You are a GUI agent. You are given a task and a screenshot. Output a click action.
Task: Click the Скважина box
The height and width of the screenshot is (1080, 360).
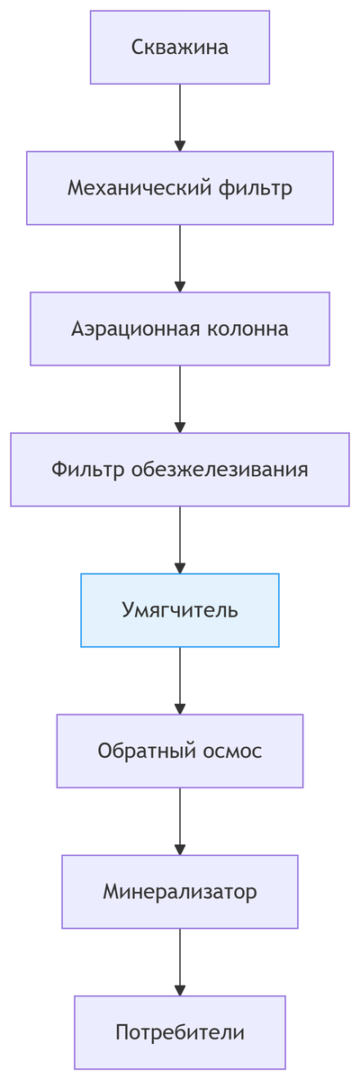[180, 48]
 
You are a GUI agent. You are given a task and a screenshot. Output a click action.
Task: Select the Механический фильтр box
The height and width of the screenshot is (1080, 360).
[180, 188]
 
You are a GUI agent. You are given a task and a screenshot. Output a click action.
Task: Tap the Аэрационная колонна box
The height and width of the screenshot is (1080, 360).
[180, 328]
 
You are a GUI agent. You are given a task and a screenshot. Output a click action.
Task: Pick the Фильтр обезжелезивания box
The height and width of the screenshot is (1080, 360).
[180, 470]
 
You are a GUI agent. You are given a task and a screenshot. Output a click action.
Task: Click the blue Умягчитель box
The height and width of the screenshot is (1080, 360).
[180, 610]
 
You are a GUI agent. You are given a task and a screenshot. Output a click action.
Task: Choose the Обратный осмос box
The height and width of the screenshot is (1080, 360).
[180, 751]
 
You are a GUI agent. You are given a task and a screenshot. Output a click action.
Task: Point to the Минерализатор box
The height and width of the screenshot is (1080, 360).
[180, 892]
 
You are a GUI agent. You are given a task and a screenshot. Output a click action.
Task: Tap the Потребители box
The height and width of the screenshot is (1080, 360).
[180, 1032]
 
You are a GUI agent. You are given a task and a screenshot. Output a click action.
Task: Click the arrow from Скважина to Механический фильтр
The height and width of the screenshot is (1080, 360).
[180, 117]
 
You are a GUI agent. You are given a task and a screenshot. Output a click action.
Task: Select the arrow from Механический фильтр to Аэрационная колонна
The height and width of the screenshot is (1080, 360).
[180, 258]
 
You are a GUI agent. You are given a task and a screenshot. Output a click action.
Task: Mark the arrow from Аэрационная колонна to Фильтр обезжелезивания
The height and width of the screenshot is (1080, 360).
[180, 399]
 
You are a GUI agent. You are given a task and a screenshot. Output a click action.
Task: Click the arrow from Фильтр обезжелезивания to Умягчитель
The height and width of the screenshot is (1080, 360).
[180, 539]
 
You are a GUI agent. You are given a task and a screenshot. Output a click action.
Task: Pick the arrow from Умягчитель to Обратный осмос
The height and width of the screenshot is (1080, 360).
[180, 679]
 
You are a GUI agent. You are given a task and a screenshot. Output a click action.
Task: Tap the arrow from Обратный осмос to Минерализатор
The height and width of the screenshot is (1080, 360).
[180, 821]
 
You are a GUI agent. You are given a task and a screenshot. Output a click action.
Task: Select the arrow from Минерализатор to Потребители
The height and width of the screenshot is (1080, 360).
[180, 961]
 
